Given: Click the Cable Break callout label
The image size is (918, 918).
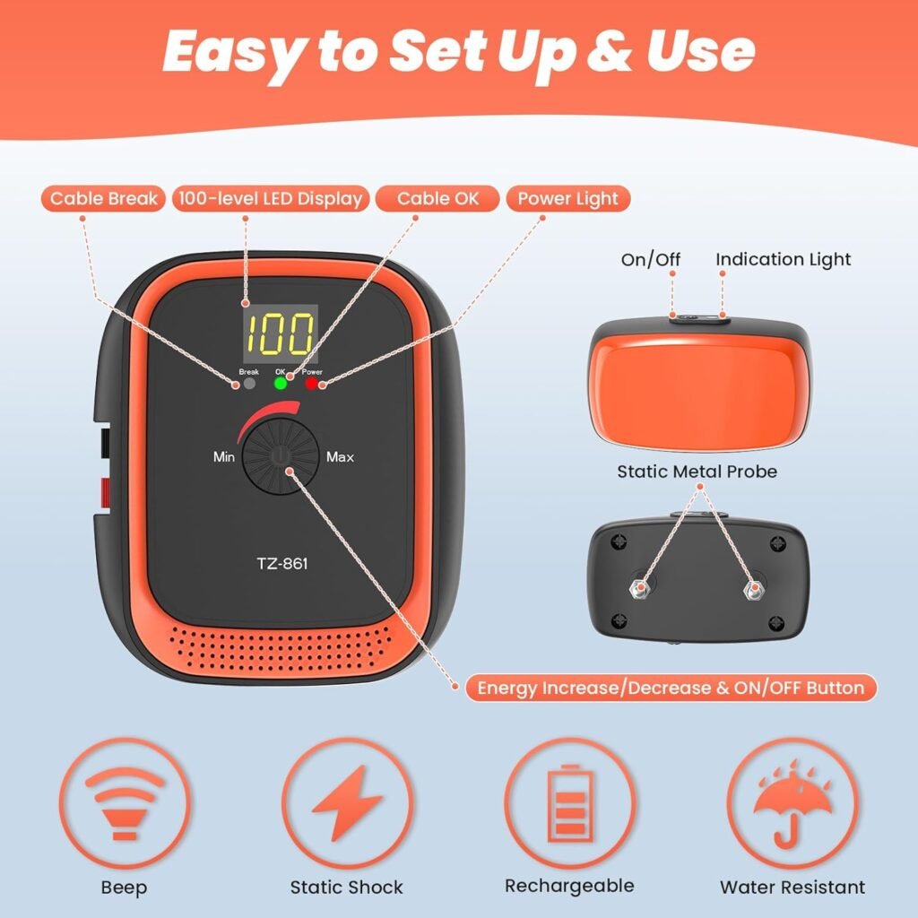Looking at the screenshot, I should [x=104, y=198].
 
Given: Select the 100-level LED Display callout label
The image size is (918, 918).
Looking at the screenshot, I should [x=271, y=198].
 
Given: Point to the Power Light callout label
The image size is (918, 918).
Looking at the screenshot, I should [x=568, y=198].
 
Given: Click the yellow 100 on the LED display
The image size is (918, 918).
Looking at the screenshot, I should [x=281, y=334].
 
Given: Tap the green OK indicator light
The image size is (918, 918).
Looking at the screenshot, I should [x=280, y=384].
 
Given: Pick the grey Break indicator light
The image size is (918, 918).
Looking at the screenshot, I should [x=248, y=384].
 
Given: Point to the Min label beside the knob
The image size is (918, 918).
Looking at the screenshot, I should [x=224, y=457].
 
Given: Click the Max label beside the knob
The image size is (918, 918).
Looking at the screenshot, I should [x=340, y=457].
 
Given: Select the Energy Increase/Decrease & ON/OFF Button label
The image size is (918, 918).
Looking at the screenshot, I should [x=670, y=688].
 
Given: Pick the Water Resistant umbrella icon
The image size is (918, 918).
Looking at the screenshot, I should [x=792, y=801].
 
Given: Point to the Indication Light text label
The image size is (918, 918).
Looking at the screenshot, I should [x=783, y=259].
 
